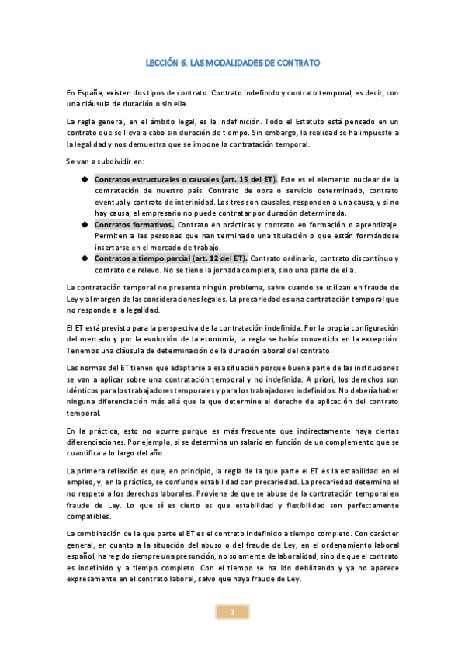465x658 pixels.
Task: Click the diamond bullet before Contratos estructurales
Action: pos(85,179)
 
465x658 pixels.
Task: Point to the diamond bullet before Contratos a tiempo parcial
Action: pos(85,258)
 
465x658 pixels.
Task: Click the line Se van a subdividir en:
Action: pos(102,161)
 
